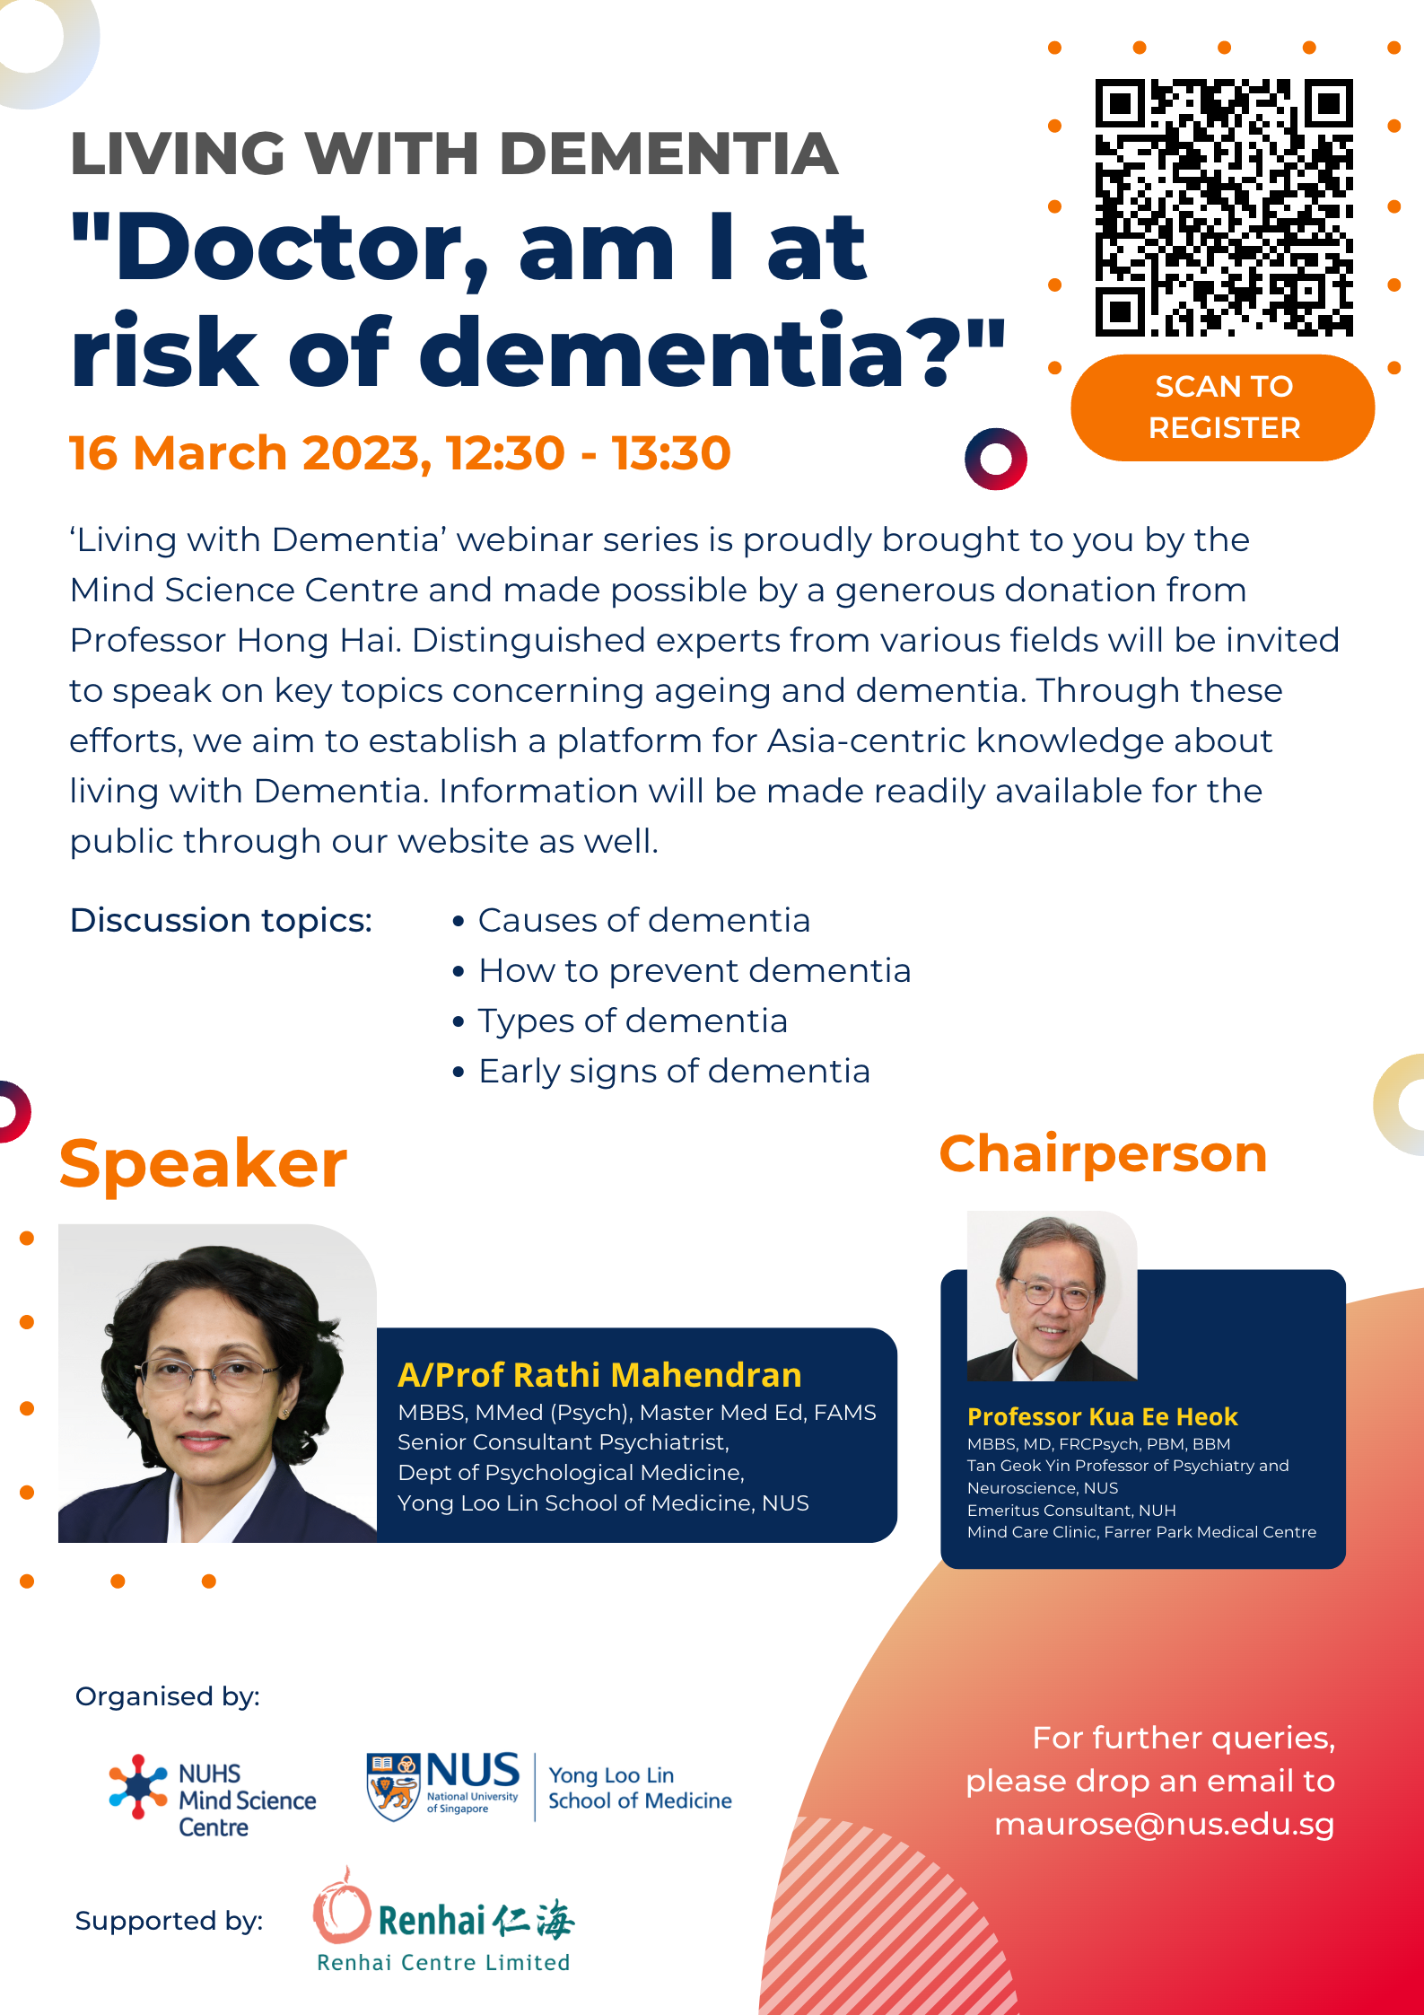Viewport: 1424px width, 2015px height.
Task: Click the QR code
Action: pos(1224,207)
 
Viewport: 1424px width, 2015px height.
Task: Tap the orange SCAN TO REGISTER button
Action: pos(1223,407)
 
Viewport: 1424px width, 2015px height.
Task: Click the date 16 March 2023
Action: pos(245,453)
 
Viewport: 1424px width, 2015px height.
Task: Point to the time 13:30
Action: pos(671,453)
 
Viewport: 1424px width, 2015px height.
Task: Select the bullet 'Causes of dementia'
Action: pos(643,921)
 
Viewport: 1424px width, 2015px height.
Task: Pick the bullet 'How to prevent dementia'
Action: pos(695,971)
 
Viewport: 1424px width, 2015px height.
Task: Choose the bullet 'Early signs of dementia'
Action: pos(674,1072)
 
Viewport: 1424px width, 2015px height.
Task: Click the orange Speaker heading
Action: pos(204,1165)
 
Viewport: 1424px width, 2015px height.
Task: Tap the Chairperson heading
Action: pos(1103,1154)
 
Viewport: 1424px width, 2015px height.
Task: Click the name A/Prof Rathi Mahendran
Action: pos(599,1375)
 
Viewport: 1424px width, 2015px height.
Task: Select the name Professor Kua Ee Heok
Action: pos(1102,1417)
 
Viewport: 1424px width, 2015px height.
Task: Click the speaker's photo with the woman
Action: pos(217,1383)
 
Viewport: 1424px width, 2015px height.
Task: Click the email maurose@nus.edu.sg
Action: pos(1164,1825)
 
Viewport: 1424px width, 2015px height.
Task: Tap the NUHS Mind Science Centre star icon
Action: pos(138,1786)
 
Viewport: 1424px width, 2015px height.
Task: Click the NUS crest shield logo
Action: pos(393,1787)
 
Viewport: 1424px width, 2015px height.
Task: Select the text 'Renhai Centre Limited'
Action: pos(443,1963)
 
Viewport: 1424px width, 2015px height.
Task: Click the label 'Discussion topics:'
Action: pos(221,921)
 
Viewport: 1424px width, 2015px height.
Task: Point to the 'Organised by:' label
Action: pos(167,1696)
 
